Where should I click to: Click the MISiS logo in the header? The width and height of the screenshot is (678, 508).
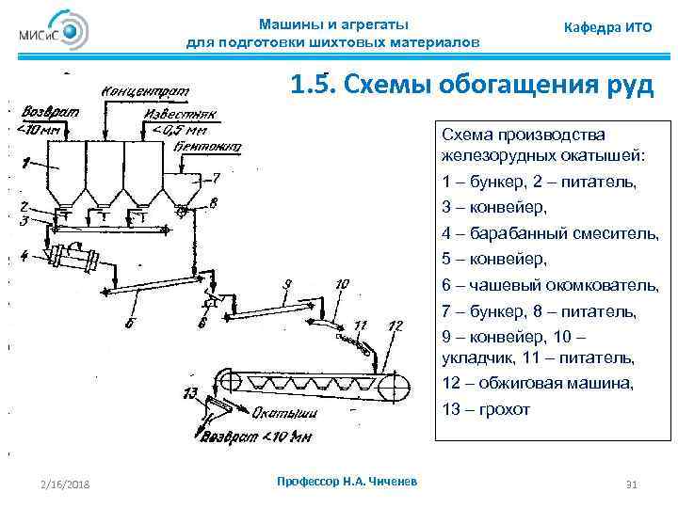tap(53, 33)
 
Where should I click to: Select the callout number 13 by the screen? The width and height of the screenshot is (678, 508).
tap(190, 392)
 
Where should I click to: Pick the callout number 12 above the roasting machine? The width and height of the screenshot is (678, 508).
tap(395, 325)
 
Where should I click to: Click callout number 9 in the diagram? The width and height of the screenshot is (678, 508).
tap(287, 282)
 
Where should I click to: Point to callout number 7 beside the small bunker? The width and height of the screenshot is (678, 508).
tap(216, 176)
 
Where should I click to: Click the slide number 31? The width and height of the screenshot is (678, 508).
tap(632, 484)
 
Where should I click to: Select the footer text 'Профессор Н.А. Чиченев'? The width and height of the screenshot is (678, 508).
tap(348, 482)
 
